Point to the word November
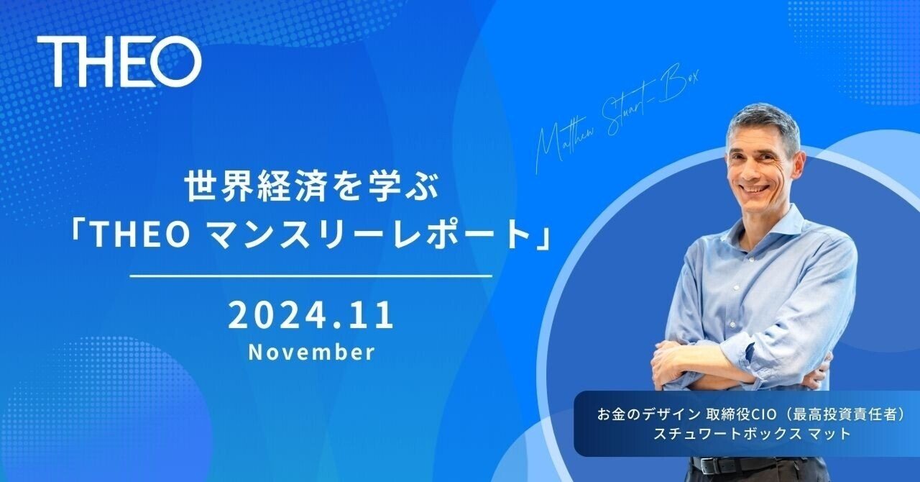(311, 353)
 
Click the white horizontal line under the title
(311, 276)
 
